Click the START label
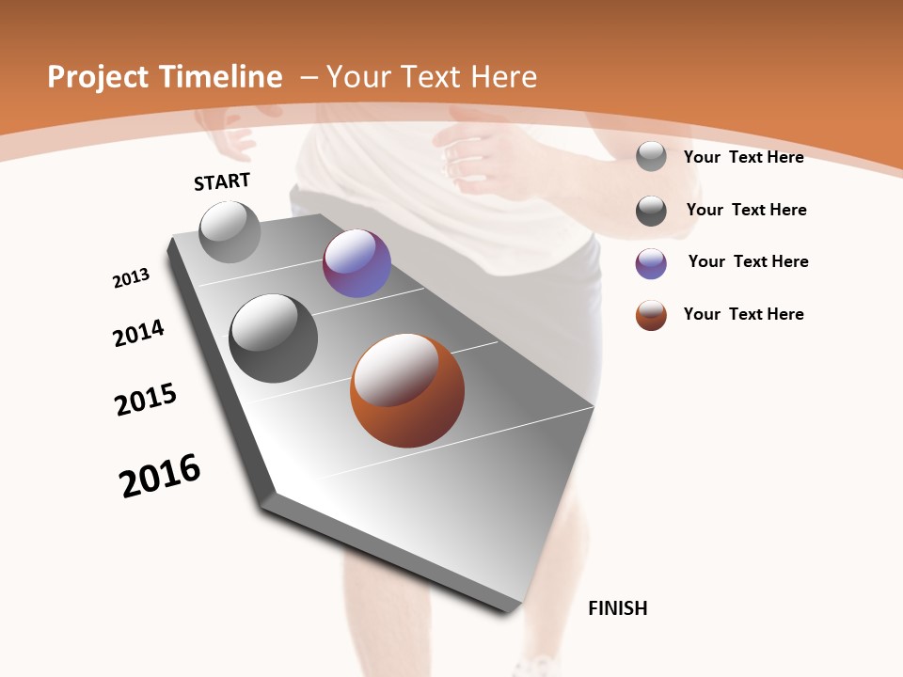pyautogui.click(x=222, y=181)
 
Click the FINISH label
pyautogui.click(x=617, y=608)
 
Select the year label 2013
pyautogui.click(x=131, y=278)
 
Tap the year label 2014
pyautogui.click(x=138, y=333)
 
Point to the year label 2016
pyautogui.click(x=160, y=476)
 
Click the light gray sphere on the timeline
pyautogui.click(x=230, y=231)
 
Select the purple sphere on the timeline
pyautogui.click(x=356, y=263)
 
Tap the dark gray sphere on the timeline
pyautogui.click(x=273, y=338)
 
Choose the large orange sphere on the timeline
pyautogui.click(x=407, y=390)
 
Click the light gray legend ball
pyautogui.click(x=651, y=157)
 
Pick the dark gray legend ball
pyautogui.click(x=651, y=211)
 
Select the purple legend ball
pyautogui.click(x=651, y=263)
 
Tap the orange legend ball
pyautogui.click(x=651, y=315)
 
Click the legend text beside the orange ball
pyautogui.click(x=743, y=314)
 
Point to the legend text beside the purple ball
pyautogui.click(x=748, y=261)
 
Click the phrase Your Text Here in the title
pyautogui.click(x=432, y=77)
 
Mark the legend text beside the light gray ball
pyautogui.click(x=743, y=157)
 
